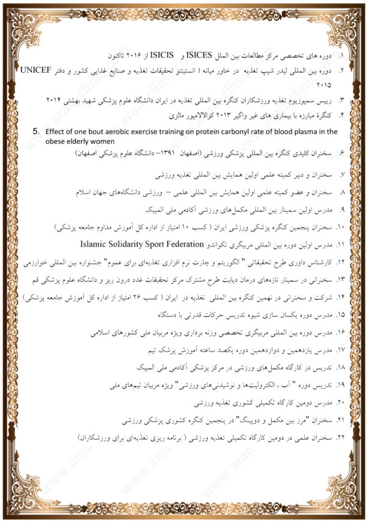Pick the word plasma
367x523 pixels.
(x=310, y=131)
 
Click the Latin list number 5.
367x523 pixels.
(x=35, y=130)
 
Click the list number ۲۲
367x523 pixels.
(x=341, y=439)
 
